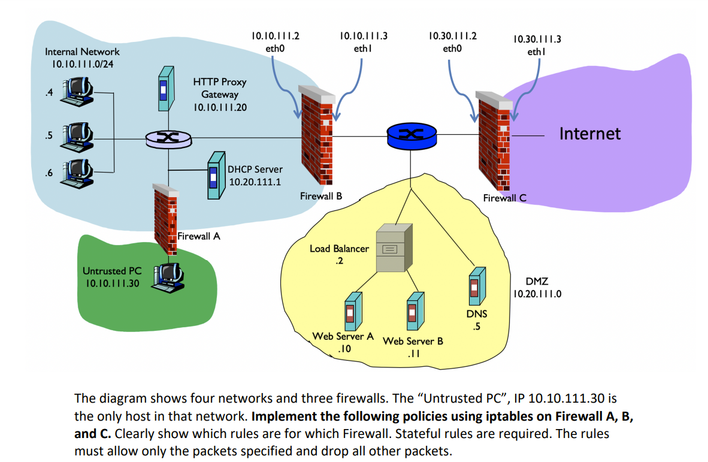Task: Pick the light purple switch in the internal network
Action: (x=169, y=140)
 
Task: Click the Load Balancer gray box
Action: (x=393, y=247)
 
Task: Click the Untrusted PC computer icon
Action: (x=168, y=277)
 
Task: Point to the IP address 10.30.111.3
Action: (x=537, y=40)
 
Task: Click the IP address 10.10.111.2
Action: (x=274, y=35)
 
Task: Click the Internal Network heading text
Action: (x=82, y=52)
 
